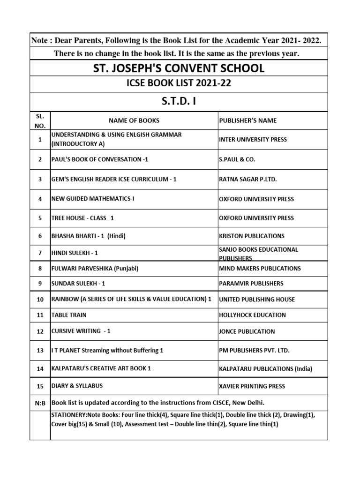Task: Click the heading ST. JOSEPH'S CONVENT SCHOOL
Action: point(179,68)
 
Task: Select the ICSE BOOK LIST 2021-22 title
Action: point(179,84)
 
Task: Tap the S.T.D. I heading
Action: point(179,102)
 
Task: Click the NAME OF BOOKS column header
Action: point(134,120)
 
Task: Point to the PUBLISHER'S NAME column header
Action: point(247,120)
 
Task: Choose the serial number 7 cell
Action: point(40,253)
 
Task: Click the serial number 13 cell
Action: point(40,351)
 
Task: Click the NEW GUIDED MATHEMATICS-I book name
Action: point(93,199)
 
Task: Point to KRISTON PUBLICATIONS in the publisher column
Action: point(251,236)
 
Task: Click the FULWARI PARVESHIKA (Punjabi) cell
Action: point(95,269)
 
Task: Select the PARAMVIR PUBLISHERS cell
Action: point(251,284)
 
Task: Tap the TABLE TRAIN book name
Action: point(69,315)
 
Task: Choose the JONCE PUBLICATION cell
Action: point(247,331)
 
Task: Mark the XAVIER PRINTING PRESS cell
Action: point(252,386)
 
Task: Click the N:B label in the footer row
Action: point(40,403)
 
